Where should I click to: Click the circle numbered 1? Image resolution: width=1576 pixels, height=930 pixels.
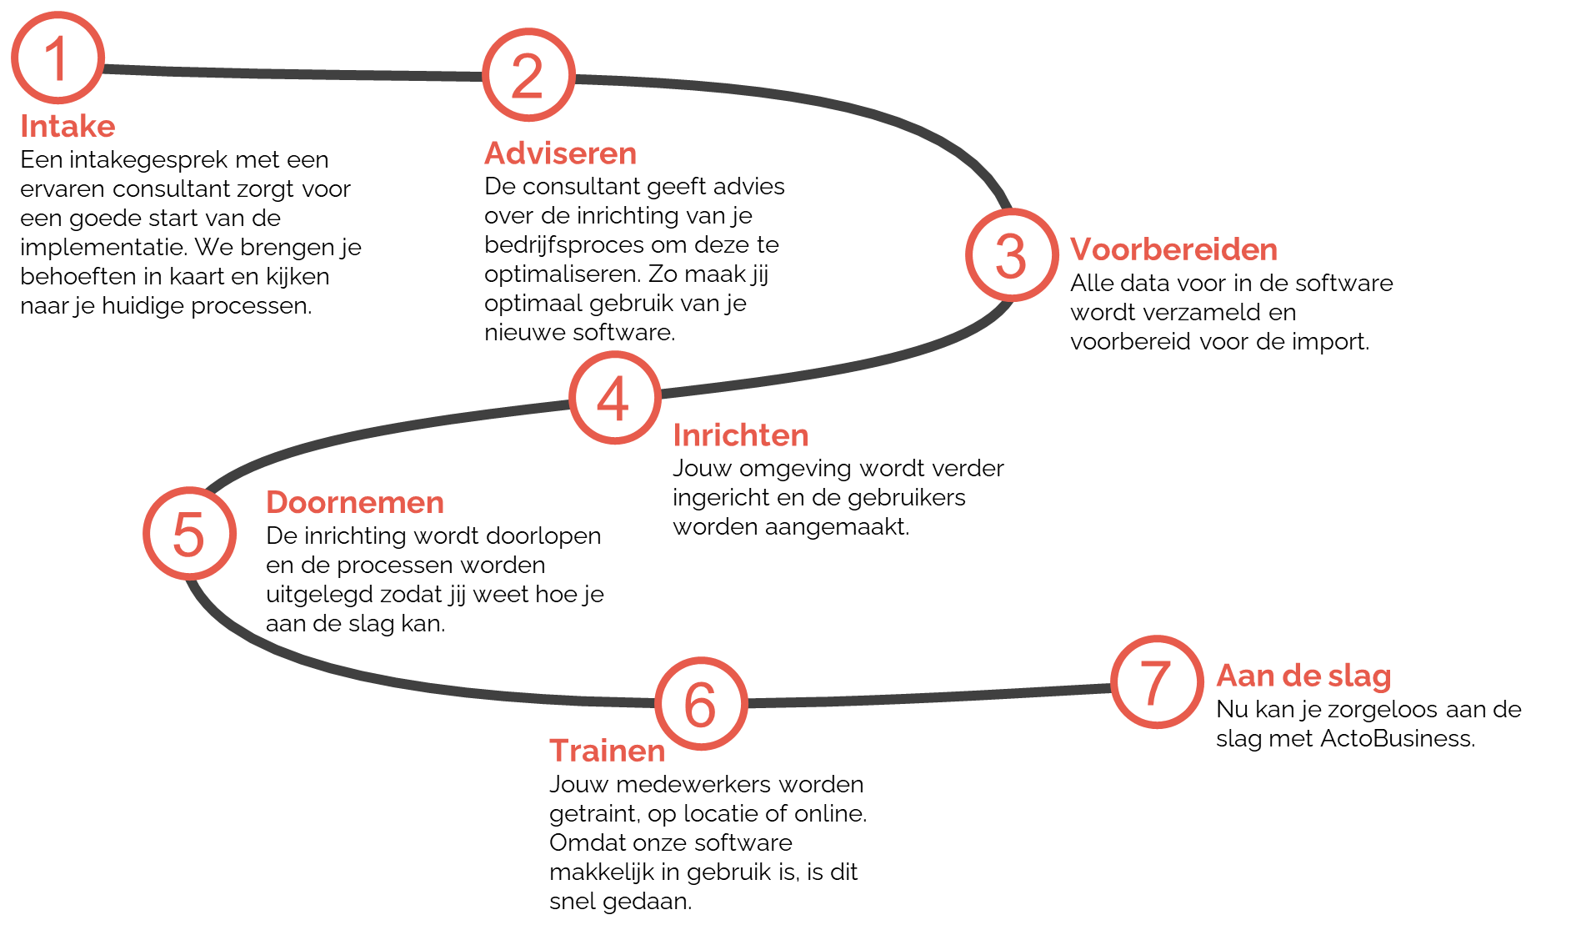[58, 58]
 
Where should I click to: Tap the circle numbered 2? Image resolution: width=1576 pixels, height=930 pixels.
[528, 75]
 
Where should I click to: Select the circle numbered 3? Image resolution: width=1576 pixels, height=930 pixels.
[1012, 254]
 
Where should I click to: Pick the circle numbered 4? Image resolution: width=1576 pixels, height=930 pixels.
[615, 398]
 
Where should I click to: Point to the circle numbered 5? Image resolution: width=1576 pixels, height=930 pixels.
[189, 534]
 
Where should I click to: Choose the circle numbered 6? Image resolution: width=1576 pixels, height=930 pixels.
[701, 704]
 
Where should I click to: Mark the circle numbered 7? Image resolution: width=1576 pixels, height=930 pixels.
[1157, 681]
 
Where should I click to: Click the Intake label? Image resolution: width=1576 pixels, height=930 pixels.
[68, 127]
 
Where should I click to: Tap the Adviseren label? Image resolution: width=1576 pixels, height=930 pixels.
[560, 153]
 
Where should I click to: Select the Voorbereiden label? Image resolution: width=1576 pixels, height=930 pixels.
[1173, 249]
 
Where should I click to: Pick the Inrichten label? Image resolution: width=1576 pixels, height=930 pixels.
[741, 435]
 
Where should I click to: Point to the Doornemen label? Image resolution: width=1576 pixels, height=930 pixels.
[355, 503]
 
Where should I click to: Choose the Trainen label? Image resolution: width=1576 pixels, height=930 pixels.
[607, 751]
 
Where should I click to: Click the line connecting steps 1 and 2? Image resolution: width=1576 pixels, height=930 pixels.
[292, 73]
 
